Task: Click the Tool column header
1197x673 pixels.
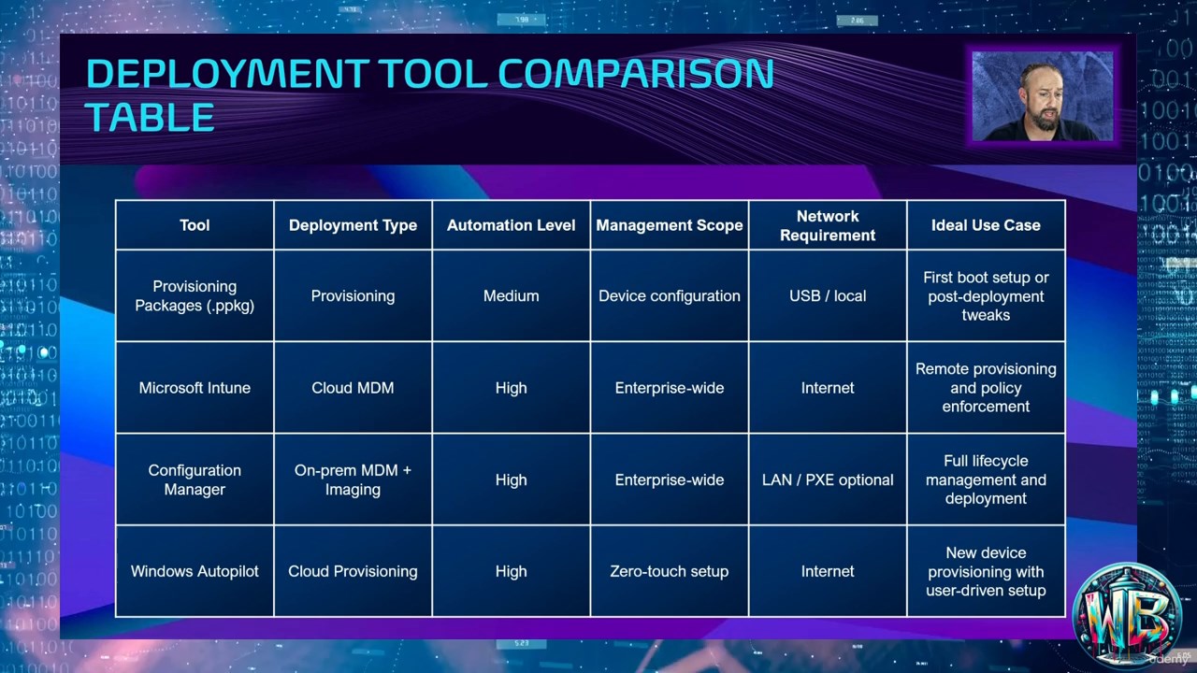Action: [195, 225]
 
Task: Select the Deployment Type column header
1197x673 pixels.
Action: [353, 225]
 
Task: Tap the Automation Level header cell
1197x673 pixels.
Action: [511, 225]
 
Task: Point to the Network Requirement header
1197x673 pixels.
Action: [828, 225]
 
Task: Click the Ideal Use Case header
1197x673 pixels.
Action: [986, 225]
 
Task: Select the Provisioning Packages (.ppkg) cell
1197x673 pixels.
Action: [195, 296]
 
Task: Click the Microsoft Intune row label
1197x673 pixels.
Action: [195, 388]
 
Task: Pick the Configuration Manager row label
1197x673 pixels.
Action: [195, 480]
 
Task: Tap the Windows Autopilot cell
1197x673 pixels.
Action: [195, 571]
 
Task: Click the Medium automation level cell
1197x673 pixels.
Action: [511, 296]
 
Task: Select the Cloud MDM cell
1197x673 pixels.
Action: [353, 388]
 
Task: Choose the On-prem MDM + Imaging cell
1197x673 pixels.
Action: [353, 480]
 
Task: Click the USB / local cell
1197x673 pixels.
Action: [828, 296]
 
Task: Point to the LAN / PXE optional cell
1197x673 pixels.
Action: [828, 480]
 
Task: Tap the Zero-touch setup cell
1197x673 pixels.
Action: [669, 571]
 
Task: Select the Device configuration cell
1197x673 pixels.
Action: [669, 296]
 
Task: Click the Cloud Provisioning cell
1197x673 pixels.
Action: [353, 571]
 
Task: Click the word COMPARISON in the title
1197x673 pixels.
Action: [636, 73]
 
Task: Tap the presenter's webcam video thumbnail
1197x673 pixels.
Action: [1042, 96]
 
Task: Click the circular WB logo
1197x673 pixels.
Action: [1128, 614]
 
